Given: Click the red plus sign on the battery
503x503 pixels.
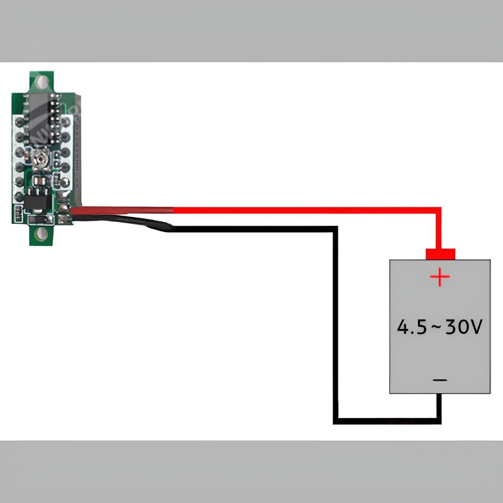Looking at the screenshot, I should click(x=440, y=277).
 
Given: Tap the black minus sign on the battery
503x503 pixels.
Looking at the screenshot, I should click(x=440, y=380).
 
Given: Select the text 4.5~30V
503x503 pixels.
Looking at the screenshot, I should click(x=439, y=327).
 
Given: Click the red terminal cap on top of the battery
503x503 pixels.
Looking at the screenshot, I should click(x=440, y=254).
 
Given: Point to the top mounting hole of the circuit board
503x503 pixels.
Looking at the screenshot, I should click(x=43, y=82).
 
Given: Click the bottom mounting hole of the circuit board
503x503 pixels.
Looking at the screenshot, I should click(x=42, y=234).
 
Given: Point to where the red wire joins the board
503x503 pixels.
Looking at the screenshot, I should click(x=73, y=211).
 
